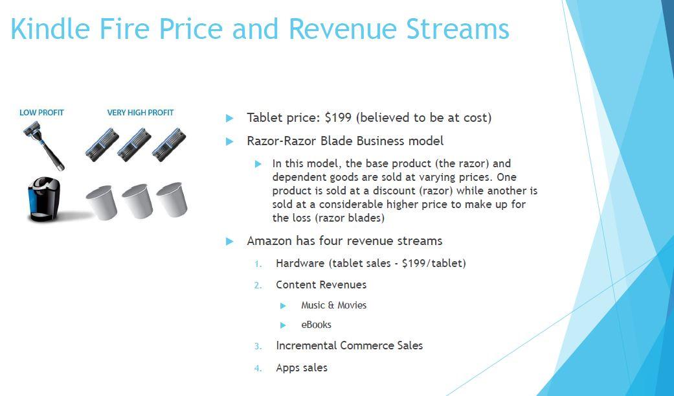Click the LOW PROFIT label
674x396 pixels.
point(41,113)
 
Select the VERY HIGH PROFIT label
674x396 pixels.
point(140,113)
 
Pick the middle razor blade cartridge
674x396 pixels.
point(135,145)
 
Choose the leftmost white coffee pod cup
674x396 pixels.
point(101,202)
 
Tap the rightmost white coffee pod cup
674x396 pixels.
point(172,200)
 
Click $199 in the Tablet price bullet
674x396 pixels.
point(338,117)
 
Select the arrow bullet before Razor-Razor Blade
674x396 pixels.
point(229,141)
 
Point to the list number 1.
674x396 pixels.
point(258,264)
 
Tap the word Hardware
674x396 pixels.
point(300,263)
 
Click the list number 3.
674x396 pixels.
point(258,346)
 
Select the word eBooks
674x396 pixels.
point(316,325)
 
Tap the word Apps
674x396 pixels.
point(288,368)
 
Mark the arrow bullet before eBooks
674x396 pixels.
point(283,325)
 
